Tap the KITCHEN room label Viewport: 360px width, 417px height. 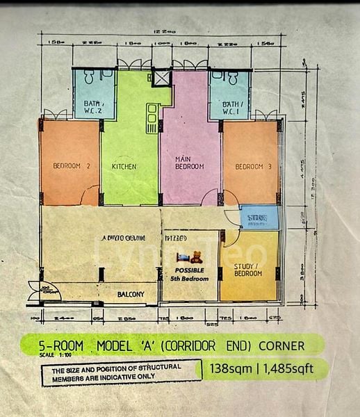(124, 167)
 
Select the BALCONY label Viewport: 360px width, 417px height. (131, 295)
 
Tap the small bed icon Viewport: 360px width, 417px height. (183, 257)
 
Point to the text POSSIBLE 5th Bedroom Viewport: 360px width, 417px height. (190, 274)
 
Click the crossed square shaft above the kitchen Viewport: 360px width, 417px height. (162, 77)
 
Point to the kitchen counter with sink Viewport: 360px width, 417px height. (150, 117)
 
